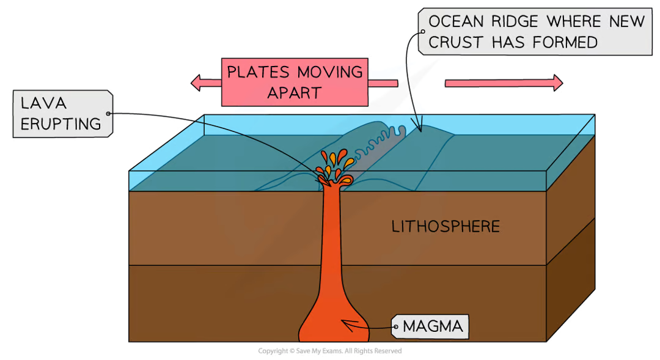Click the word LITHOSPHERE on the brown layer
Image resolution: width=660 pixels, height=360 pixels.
tap(446, 227)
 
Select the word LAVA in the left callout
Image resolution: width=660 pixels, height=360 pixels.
tap(42, 104)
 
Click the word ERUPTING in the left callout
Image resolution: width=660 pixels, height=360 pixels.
tap(60, 123)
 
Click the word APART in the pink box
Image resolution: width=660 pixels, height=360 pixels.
tap(294, 92)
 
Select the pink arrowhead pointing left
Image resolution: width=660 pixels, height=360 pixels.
tap(195, 83)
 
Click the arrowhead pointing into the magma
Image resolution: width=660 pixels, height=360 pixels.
tap(346, 326)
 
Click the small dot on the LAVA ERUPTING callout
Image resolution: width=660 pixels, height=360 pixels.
tap(109, 113)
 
